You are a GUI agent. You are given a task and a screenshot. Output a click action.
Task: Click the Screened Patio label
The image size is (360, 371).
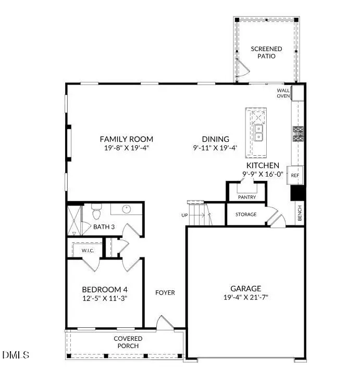[266, 53]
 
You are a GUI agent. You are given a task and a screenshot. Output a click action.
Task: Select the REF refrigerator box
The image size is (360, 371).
[295, 176]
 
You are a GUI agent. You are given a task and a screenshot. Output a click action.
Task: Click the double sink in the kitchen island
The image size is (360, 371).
[258, 133]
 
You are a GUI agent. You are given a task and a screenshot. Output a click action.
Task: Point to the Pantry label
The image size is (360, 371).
[246, 197]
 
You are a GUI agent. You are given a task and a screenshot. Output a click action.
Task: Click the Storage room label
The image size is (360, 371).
[246, 214]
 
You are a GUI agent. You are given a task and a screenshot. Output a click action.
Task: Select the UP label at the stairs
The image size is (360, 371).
[184, 215]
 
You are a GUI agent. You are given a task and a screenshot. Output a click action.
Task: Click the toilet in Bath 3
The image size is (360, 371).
[96, 214]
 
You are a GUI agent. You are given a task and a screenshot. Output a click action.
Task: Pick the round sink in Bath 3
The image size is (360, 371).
[126, 209]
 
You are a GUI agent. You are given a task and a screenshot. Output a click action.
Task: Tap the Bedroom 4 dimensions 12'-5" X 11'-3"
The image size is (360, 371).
[105, 299]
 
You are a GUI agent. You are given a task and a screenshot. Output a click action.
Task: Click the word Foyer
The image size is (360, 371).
[165, 292]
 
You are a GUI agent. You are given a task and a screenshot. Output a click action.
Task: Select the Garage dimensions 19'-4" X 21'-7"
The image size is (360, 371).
[245, 297]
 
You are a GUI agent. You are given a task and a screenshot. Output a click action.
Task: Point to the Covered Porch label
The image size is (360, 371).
[128, 342]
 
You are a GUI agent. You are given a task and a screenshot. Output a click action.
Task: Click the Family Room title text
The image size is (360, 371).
[127, 139]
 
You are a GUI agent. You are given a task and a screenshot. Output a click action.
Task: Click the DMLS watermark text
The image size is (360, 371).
[16, 355]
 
